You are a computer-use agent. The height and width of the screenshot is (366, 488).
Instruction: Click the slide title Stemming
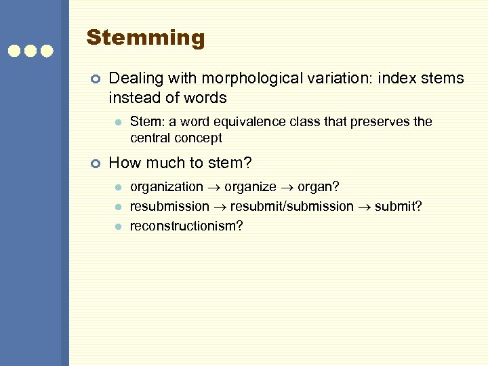click(145, 38)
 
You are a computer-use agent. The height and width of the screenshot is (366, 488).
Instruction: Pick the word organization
click(166, 186)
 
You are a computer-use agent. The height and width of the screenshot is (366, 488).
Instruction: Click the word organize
click(250, 186)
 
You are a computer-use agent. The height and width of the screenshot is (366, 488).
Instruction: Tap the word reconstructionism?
click(186, 226)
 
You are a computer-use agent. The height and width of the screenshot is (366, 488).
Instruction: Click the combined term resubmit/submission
click(292, 206)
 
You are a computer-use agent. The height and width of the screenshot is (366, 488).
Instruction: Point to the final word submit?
click(401, 206)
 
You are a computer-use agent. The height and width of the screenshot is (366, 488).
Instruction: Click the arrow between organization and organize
click(213, 187)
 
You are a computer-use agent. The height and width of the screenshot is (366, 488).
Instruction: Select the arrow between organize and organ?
click(287, 187)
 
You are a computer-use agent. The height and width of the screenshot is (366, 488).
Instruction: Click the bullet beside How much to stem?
click(96, 163)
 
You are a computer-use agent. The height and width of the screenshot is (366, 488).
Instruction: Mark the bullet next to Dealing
click(96, 79)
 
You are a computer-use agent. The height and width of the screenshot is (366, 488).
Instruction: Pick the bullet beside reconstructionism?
click(117, 226)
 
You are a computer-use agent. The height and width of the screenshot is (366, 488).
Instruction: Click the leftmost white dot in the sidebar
click(14, 51)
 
